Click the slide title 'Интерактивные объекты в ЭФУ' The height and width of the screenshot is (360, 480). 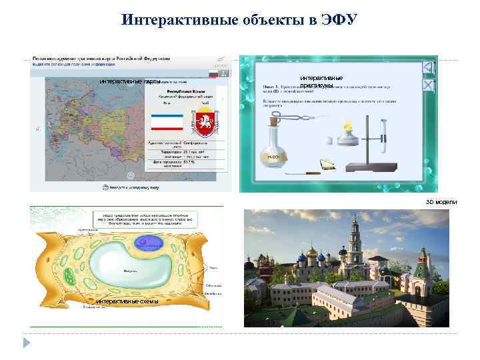(240, 19)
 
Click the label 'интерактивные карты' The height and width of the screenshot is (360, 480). (130, 82)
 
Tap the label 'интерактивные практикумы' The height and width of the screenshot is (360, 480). (321, 82)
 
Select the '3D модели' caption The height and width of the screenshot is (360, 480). (441, 201)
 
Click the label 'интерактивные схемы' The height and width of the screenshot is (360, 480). (127, 301)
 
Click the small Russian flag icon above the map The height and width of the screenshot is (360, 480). (215, 73)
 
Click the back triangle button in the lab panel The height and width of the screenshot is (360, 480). (429, 68)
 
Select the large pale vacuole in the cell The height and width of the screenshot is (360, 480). (127, 267)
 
